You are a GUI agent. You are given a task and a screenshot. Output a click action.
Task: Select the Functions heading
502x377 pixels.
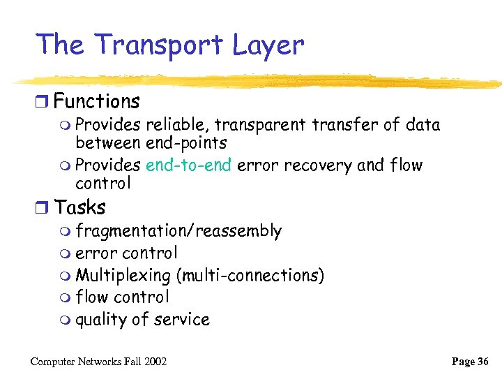pyautogui.click(x=97, y=102)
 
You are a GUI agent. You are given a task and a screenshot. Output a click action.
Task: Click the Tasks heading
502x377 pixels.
pyautogui.click(x=79, y=207)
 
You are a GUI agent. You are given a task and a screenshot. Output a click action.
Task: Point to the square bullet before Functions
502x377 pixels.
pyautogui.click(x=43, y=103)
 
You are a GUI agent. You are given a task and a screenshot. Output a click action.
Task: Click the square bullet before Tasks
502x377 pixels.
pyautogui.click(x=43, y=208)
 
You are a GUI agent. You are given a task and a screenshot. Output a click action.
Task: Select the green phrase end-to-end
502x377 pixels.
pyautogui.click(x=189, y=165)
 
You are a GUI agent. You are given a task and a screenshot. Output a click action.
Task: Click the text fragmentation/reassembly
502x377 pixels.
pyautogui.click(x=178, y=230)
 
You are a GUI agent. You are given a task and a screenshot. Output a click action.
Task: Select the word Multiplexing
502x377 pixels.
pyautogui.click(x=123, y=275)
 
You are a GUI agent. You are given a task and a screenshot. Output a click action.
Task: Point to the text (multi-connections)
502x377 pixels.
pyautogui.click(x=250, y=275)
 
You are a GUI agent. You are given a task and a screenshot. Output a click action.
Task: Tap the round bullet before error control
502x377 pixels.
pyautogui.click(x=66, y=253)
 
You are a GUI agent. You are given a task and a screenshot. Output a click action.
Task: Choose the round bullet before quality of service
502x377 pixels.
pyautogui.click(x=66, y=320)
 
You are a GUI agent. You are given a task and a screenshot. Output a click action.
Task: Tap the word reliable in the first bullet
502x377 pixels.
pyautogui.click(x=176, y=125)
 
